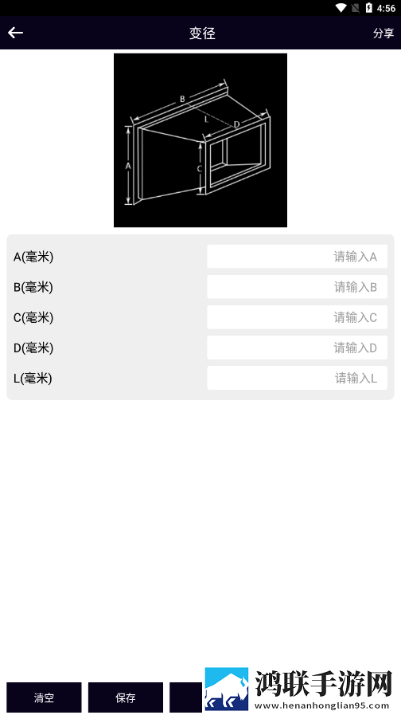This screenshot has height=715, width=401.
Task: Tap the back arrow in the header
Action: pos(15,33)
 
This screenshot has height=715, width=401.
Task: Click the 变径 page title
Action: pos(202,33)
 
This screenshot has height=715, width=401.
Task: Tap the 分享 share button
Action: pos(383,33)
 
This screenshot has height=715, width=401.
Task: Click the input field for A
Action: pos(298,257)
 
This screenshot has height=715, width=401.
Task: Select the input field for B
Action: pos(298,287)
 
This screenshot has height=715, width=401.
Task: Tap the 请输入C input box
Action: pos(298,317)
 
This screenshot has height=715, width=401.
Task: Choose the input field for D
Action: pos(298,348)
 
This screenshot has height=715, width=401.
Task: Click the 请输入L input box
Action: pos(298,378)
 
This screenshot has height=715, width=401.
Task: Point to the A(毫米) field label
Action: pos(33,257)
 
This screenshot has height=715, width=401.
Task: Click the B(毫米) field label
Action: pos(33,287)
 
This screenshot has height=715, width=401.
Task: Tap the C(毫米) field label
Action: pos(33,317)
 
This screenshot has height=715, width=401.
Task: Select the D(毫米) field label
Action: pos(33,348)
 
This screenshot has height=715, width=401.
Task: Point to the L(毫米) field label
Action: pos(33,379)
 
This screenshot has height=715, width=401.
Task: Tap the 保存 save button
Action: pos(126,697)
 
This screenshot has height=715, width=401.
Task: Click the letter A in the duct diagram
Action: pos(128,167)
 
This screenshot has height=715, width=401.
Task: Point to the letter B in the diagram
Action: pos(182,99)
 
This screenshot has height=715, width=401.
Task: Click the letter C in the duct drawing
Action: pos(200,169)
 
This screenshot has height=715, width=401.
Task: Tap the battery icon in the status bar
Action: pos(368,8)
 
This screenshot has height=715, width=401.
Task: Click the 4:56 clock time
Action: pos(387,8)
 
